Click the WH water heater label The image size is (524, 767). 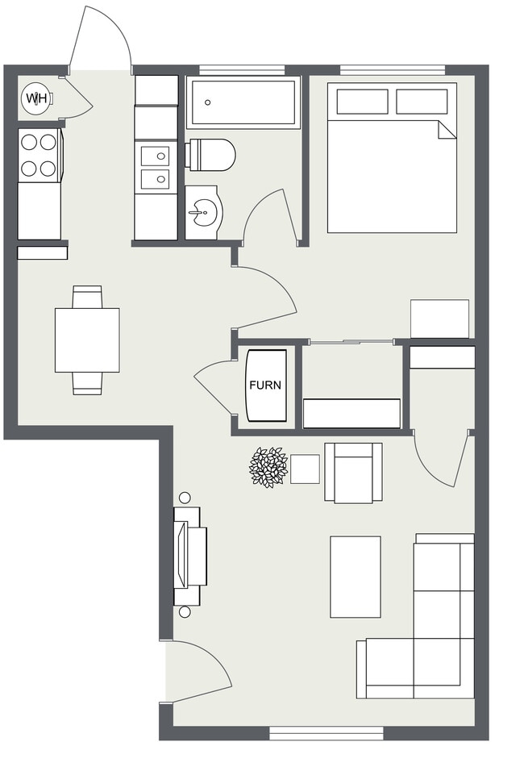point(36,98)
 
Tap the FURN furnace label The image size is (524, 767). point(265,385)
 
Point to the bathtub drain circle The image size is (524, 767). point(208,102)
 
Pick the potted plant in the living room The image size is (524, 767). point(268,467)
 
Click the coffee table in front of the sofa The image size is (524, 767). point(356,577)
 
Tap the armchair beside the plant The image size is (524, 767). point(353,473)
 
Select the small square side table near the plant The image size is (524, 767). point(305,469)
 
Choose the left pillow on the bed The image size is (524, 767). point(362,102)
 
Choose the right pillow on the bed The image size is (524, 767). point(422,102)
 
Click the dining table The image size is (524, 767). point(88,340)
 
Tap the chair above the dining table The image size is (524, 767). point(88,297)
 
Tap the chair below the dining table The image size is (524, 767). point(88,384)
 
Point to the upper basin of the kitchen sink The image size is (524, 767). point(155,156)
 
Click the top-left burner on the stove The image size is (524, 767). point(29,142)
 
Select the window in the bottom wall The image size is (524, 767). point(326,733)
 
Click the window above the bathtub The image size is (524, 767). point(242,70)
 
